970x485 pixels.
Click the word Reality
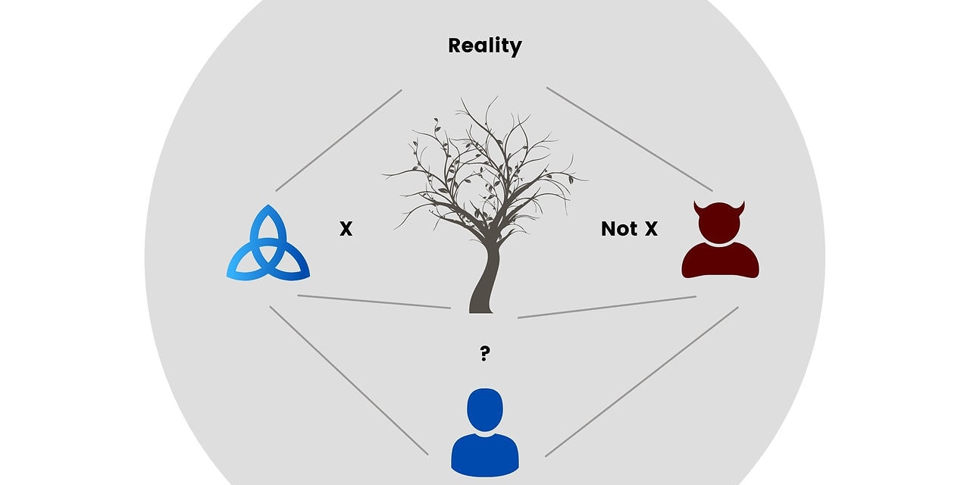click(484, 45)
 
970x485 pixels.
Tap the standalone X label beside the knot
click(346, 228)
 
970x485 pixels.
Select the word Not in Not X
click(618, 228)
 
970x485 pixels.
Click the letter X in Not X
click(650, 228)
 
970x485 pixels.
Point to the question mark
click(484, 353)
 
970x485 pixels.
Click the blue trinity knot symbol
click(268, 247)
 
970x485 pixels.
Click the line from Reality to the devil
click(629, 139)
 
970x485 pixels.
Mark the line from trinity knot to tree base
click(374, 302)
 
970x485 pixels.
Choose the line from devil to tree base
click(607, 307)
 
